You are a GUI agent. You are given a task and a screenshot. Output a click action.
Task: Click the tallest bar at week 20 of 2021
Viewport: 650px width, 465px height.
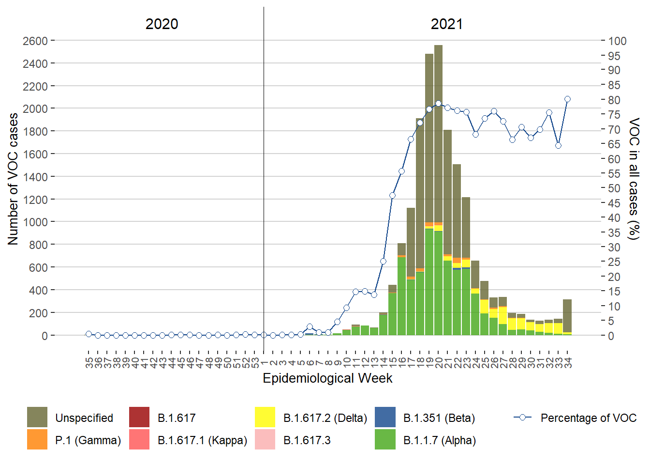pyautogui.click(x=438, y=145)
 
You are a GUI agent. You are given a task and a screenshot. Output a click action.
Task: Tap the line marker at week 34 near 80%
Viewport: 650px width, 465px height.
pyautogui.click(x=567, y=99)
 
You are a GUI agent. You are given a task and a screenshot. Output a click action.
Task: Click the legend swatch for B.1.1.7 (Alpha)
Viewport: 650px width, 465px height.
pyautogui.click(x=385, y=439)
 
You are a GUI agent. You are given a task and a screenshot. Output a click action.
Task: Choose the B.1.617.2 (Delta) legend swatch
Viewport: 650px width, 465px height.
pyautogui.click(x=265, y=417)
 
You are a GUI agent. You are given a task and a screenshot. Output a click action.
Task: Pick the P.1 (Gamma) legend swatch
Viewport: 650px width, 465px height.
pyautogui.click(x=37, y=439)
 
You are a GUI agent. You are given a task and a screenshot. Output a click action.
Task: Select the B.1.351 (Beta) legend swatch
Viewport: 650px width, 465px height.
pyautogui.click(x=385, y=417)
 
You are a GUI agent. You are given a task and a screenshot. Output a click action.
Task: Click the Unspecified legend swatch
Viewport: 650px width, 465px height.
pyautogui.click(x=37, y=417)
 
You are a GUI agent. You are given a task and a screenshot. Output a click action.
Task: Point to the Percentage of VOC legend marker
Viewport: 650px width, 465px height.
pyautogui.click(x=522, y=417)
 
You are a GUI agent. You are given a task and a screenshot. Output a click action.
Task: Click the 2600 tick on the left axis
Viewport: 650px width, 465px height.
pyautogui.click(x=35, y=41)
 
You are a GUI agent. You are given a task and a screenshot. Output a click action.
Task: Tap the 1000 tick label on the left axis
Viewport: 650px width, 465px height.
pyautogui.click(x=35, y=222)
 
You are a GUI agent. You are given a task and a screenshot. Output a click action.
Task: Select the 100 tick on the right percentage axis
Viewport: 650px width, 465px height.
pyautogui.click(x=617, y=41)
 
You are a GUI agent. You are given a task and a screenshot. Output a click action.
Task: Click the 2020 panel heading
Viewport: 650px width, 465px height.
pyautogui.click(x=162, y=24)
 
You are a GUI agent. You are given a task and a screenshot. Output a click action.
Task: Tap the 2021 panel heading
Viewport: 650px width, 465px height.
pyautogui.click(x=446, y=24)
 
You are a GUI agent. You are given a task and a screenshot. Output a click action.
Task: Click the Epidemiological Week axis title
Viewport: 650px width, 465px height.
pyautogui.click(x=327, y=378)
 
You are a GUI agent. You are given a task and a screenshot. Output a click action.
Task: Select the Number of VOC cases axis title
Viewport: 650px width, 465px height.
pyautogui.click(x=13, y=179)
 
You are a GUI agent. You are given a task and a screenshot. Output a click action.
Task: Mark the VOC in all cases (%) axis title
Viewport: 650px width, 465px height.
pyautogui.click(x=634, y=179)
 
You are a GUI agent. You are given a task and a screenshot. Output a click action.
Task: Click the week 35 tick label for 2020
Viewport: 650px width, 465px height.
pyautogui.click(x=89, y=362)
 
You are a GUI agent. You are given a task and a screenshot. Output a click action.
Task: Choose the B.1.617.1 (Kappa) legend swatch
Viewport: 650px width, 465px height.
pyautogui.click(x=139, y=439)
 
